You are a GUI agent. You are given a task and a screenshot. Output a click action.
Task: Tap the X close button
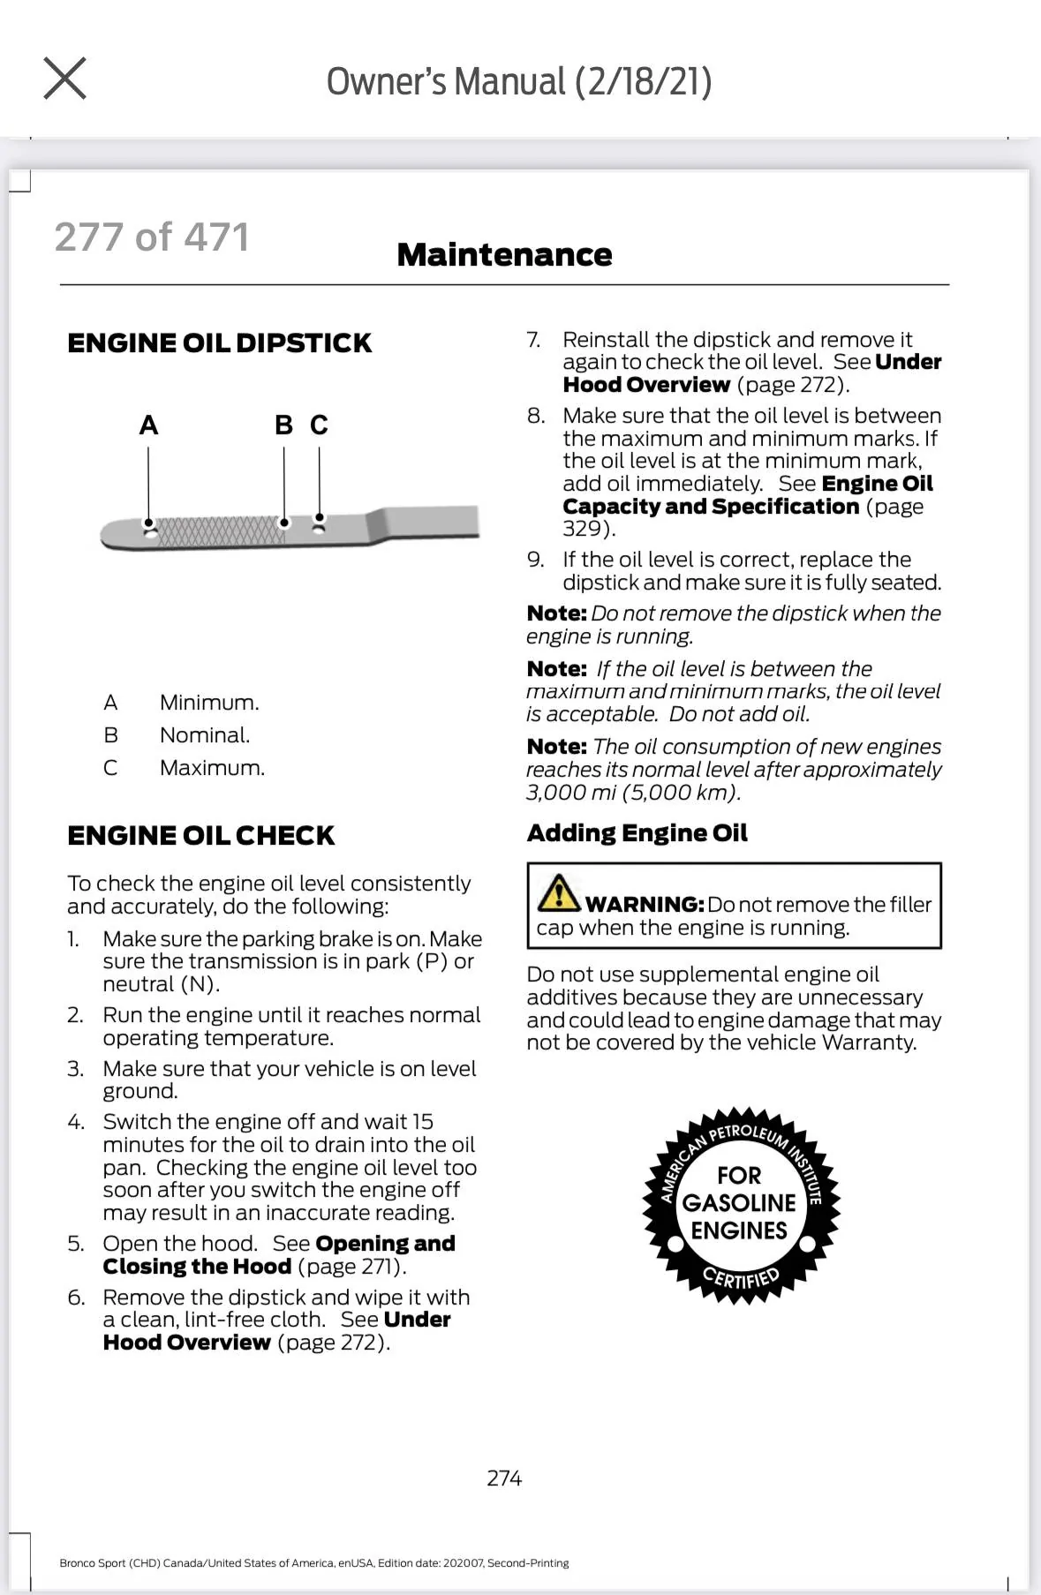[64, 79]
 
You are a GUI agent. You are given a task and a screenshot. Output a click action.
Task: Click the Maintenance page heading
[504, 255]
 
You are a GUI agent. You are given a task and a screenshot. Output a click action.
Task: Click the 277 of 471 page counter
[152, 237]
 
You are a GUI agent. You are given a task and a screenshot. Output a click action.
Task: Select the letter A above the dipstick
[148, 425]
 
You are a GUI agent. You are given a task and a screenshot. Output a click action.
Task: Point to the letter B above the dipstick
[283, 425]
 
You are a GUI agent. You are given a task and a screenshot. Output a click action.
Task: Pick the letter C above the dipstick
[319, 425]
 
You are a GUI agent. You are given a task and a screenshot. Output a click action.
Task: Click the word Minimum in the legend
[209, 703]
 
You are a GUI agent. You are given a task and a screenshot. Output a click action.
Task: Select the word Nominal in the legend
[205, 735]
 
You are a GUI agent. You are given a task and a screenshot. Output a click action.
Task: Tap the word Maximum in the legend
[212, 768]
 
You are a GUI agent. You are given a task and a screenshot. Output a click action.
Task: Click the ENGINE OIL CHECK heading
[201, 836]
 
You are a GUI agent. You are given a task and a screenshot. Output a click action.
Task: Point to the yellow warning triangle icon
[558, 893]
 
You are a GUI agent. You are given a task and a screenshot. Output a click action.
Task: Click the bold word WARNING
[645, 905]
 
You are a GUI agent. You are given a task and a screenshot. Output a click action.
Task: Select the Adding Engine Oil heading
[637, 833]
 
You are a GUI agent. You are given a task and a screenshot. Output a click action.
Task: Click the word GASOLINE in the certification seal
[739, 1203]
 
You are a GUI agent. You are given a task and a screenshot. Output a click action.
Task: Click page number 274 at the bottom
[504, 1478]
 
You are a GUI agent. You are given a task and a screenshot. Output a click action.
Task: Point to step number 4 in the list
[76, 1122]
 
